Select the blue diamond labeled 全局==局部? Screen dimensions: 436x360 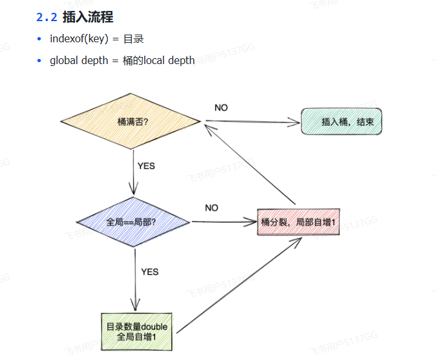click(x=133, y=222)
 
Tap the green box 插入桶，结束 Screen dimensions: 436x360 click(x=341, y=120)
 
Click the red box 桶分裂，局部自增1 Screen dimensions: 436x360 click(x=298, y=222)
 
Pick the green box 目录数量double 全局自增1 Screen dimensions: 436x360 click(x=137, y=331)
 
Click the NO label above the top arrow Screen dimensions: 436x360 click(x=221, y=108)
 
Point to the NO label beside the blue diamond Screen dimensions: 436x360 click(x=212, y=208)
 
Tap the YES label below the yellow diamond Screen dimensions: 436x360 click(x=146, y=166)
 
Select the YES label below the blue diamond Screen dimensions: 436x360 click(x=149, y=272)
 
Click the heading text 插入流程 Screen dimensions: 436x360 click(x=88, y=17)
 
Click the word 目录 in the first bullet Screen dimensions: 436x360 click(x=133, y=39)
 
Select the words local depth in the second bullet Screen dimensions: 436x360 click(x=171, y=61)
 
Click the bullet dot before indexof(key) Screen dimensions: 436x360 click(x=40, y=39)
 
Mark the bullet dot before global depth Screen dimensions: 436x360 click(x=40, y=61)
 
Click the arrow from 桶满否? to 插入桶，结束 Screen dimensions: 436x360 click(x=253, y=120)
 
